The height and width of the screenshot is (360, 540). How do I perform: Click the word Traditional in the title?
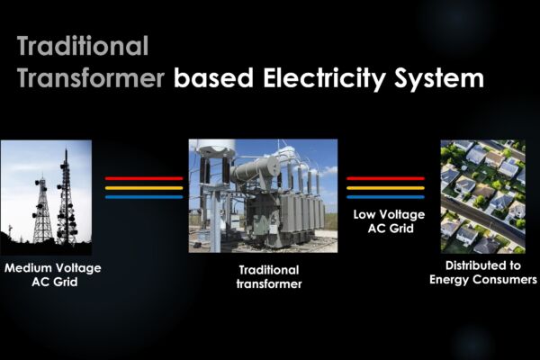83,46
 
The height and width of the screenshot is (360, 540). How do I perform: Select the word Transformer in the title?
91,78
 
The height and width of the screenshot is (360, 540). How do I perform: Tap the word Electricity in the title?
324,79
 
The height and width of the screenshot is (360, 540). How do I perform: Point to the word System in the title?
439,79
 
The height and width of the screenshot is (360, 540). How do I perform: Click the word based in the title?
214,78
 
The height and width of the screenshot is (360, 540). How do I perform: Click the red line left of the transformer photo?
144,178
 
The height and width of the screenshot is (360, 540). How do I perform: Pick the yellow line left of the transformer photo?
144,188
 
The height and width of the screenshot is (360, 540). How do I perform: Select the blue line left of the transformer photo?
144,197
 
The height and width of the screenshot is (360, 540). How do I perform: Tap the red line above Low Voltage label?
386,178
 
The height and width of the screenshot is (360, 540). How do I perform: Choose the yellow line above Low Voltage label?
386,188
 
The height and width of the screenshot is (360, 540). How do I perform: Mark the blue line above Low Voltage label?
386,197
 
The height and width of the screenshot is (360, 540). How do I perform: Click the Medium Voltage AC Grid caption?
53,274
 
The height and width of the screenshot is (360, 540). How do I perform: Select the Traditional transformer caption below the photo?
269,277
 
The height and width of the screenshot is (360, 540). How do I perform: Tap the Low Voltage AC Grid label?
389,221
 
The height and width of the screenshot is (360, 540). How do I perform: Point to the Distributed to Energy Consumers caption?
482,273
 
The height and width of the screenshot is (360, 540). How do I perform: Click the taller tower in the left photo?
66,200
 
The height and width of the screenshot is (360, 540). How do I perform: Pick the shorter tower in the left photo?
41,210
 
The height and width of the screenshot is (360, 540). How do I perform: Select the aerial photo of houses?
482,196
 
